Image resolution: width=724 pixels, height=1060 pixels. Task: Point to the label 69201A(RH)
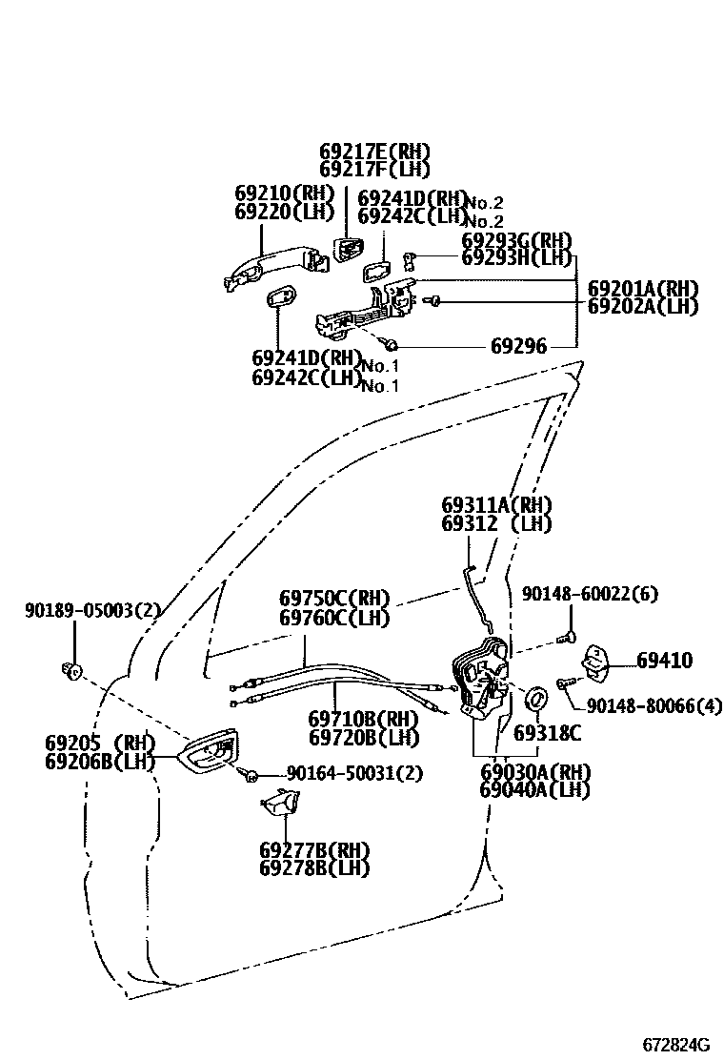pos(642,288)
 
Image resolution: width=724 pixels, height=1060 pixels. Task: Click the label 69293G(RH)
pos(516,240)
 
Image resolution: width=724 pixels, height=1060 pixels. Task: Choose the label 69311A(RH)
pos(496,504)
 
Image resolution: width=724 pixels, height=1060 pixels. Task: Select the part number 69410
pos(664,661)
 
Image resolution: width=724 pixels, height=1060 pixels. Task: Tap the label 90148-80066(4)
pos(654,705)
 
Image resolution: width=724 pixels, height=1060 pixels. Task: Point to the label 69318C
pos(547,732)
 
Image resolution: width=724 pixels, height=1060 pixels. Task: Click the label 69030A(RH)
pos(534,771)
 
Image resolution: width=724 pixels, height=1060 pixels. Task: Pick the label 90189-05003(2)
pos(92,611)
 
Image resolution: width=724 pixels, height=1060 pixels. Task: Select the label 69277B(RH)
pos(313,849)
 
